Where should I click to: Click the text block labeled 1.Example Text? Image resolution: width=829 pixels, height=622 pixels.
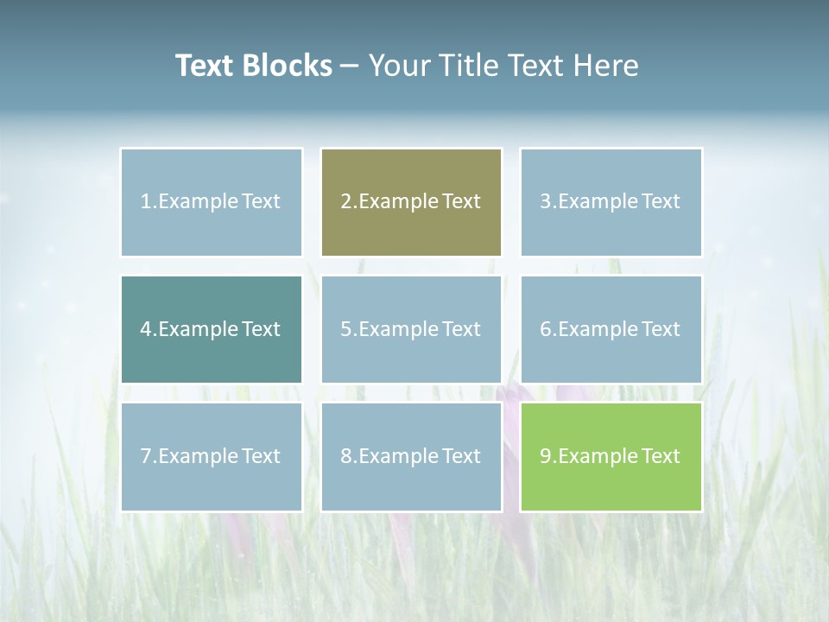(x=211, y=202)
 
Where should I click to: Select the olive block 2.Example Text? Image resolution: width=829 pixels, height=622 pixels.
(x=411, y=202)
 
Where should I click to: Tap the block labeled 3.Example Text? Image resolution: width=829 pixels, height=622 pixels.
(x=611, y=202)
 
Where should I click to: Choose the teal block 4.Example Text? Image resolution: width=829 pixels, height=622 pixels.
(x=211, y=329)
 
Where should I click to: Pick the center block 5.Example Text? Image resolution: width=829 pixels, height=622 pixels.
(x=411, y=329)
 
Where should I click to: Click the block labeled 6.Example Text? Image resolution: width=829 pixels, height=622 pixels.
(x=611, y=329)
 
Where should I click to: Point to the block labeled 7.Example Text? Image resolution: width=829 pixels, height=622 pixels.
(x=211, y=456)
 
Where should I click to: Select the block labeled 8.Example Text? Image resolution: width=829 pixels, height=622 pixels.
(x=411, y=456)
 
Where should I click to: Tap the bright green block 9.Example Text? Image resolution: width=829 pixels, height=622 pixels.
(x=611, y=456)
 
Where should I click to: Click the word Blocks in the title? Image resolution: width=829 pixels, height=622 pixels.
(x=287, y=66)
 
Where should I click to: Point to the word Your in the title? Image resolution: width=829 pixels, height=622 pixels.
(x=398, y=66)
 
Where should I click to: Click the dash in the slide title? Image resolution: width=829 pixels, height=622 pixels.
(x=350, y=67)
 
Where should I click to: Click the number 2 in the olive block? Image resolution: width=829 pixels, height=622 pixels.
(x=345, y=202)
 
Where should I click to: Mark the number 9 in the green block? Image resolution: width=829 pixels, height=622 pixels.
(x=546, y=456)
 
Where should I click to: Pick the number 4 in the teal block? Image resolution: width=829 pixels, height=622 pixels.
(x=146, y=329)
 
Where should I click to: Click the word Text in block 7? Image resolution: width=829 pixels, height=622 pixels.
(x=261, y=456)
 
